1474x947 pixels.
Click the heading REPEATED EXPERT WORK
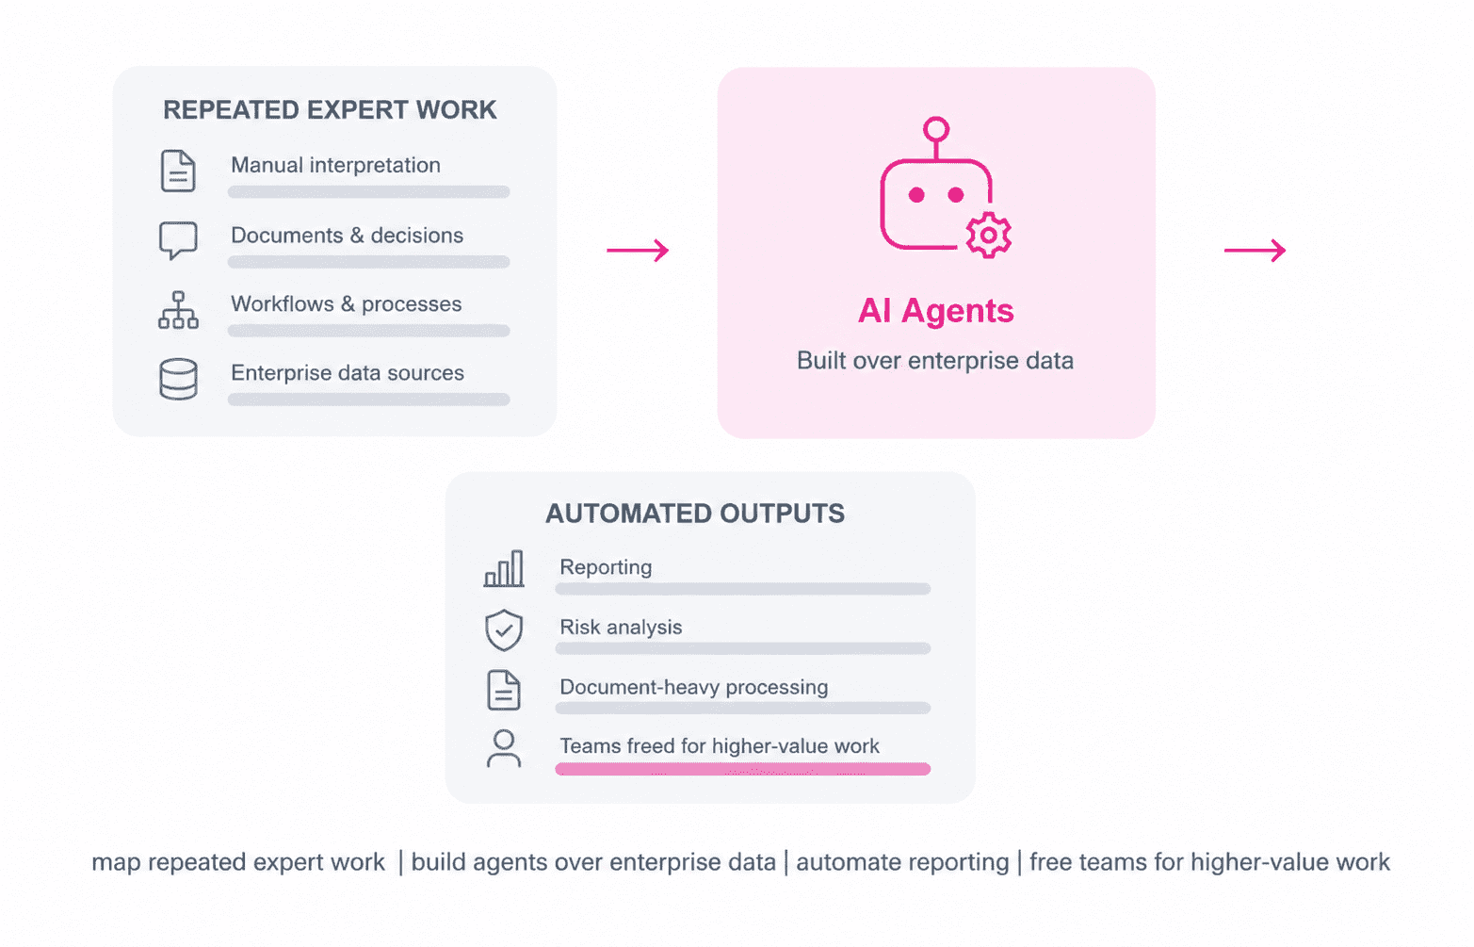coord(330,110)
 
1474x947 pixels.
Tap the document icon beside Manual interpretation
coord(178,171)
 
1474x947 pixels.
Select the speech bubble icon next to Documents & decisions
coord(178,239)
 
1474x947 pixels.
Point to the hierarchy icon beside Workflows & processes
coord(178,309)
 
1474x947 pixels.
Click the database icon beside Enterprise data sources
coord(178,379)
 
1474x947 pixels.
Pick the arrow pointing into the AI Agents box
coord(638,251)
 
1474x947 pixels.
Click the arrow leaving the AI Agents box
coord(1255,251)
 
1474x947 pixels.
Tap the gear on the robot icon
coord(988,236)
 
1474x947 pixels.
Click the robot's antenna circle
coord(935,129)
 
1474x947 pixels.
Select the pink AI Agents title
coord(935,311)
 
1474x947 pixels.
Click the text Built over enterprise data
coord(935,361)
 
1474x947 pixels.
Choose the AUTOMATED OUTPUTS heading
coord(695,514)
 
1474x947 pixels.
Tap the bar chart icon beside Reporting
coord(504,568)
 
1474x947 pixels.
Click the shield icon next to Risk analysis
coord(504,629)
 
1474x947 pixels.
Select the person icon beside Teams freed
coord(504,749)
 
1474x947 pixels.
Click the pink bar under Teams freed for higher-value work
coord(743,769)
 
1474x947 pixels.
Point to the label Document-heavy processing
coord(693,688)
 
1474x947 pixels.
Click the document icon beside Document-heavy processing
coord(504,690)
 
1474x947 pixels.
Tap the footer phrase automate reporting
coord(902,862)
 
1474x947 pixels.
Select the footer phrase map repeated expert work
coord(238,862)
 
